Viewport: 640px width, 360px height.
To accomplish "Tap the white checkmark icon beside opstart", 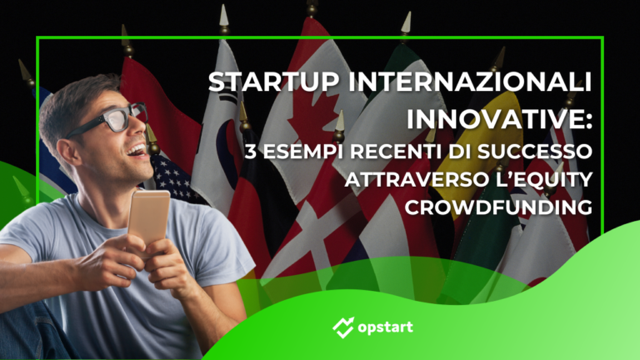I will click(x=342, y=325).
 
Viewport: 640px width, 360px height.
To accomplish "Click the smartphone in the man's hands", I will click(x=147, y=218).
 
